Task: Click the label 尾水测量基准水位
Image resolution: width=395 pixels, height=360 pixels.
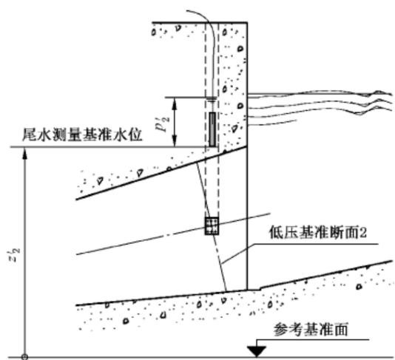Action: tap(82, 135)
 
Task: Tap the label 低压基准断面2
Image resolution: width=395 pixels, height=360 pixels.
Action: tap(318, 232)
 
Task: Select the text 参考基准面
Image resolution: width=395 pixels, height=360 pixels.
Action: tap(311, 329)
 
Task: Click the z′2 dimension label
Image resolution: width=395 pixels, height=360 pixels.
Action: tap(16, 255)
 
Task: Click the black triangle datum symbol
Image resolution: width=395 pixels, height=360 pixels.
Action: tap(257, 351)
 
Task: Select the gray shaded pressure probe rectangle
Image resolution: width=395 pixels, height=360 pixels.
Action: tap(212, 129)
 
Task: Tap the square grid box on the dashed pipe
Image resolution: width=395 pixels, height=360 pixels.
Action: tap(212, 225)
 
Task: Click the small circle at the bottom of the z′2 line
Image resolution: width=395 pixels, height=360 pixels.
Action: tap(24, 357)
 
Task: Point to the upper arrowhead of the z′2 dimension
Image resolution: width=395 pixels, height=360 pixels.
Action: tap(24, 153)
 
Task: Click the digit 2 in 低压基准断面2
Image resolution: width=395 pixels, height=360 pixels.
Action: tap(363, 233)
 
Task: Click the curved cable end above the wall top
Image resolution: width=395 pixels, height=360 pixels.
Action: tap(187, 11)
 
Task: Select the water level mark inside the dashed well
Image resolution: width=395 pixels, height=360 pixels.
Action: tap(212, 99)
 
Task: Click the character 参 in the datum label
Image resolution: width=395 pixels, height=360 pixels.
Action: tap(281, 329)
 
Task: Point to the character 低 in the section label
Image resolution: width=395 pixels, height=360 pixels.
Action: tap(276, 232)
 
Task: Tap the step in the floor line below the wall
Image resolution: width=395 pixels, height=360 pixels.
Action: tap(260, 288)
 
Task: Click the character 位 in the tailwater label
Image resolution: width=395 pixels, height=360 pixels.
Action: tap(135, 135)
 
